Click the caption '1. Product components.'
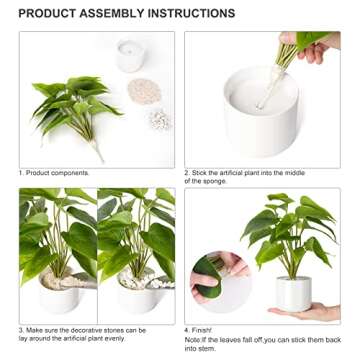58,172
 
